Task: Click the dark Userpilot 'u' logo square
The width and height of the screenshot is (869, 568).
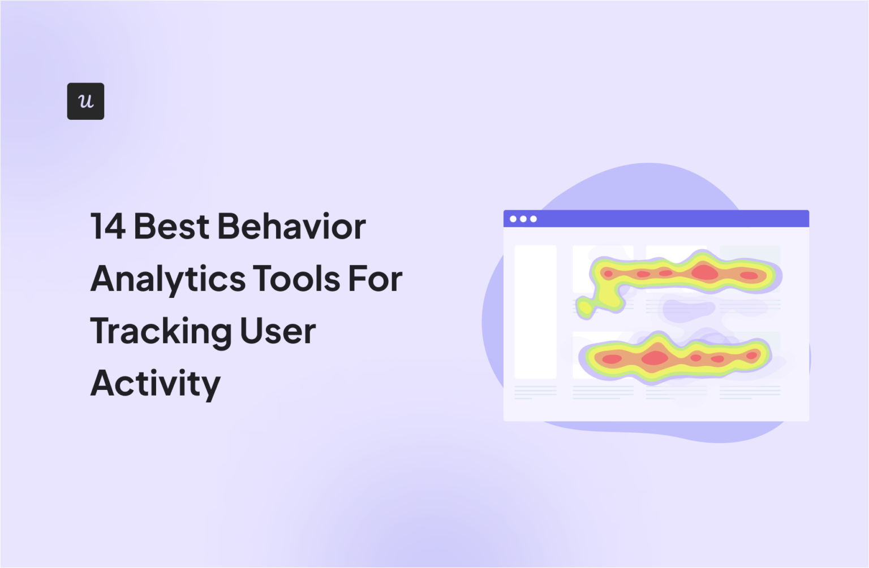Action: tap(85, 101)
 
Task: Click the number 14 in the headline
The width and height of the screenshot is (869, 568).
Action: tap(107, 227)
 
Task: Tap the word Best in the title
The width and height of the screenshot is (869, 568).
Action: tap(171, 227)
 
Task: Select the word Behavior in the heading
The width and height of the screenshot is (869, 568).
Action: tap(291, 227)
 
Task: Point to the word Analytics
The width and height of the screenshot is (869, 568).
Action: tap(168, 279)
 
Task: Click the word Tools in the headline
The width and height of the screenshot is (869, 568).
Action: tap(296, 279)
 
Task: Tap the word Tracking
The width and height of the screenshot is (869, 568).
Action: tap(160, 332)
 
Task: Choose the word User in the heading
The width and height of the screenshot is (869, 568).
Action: tap(277, 332)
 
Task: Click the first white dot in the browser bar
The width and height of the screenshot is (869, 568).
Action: tap(513, 219)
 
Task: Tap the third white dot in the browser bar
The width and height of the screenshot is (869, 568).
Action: tap(533, 219)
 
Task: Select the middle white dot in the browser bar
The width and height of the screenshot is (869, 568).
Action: tap(523, 219)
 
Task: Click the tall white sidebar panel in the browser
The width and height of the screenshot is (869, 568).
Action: tap(535, 311)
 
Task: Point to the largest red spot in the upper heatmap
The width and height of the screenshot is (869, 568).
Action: tap(704, 272)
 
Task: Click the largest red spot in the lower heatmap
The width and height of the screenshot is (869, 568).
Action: tap(655, 358)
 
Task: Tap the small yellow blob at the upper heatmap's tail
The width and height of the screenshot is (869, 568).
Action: tap(585, 307)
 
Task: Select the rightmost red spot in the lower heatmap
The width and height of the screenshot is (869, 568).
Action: tap(751, 355)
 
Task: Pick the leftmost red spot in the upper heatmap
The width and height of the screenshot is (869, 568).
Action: tap(608, 274)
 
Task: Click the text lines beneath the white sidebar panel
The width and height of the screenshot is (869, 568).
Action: tap(535, 392)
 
